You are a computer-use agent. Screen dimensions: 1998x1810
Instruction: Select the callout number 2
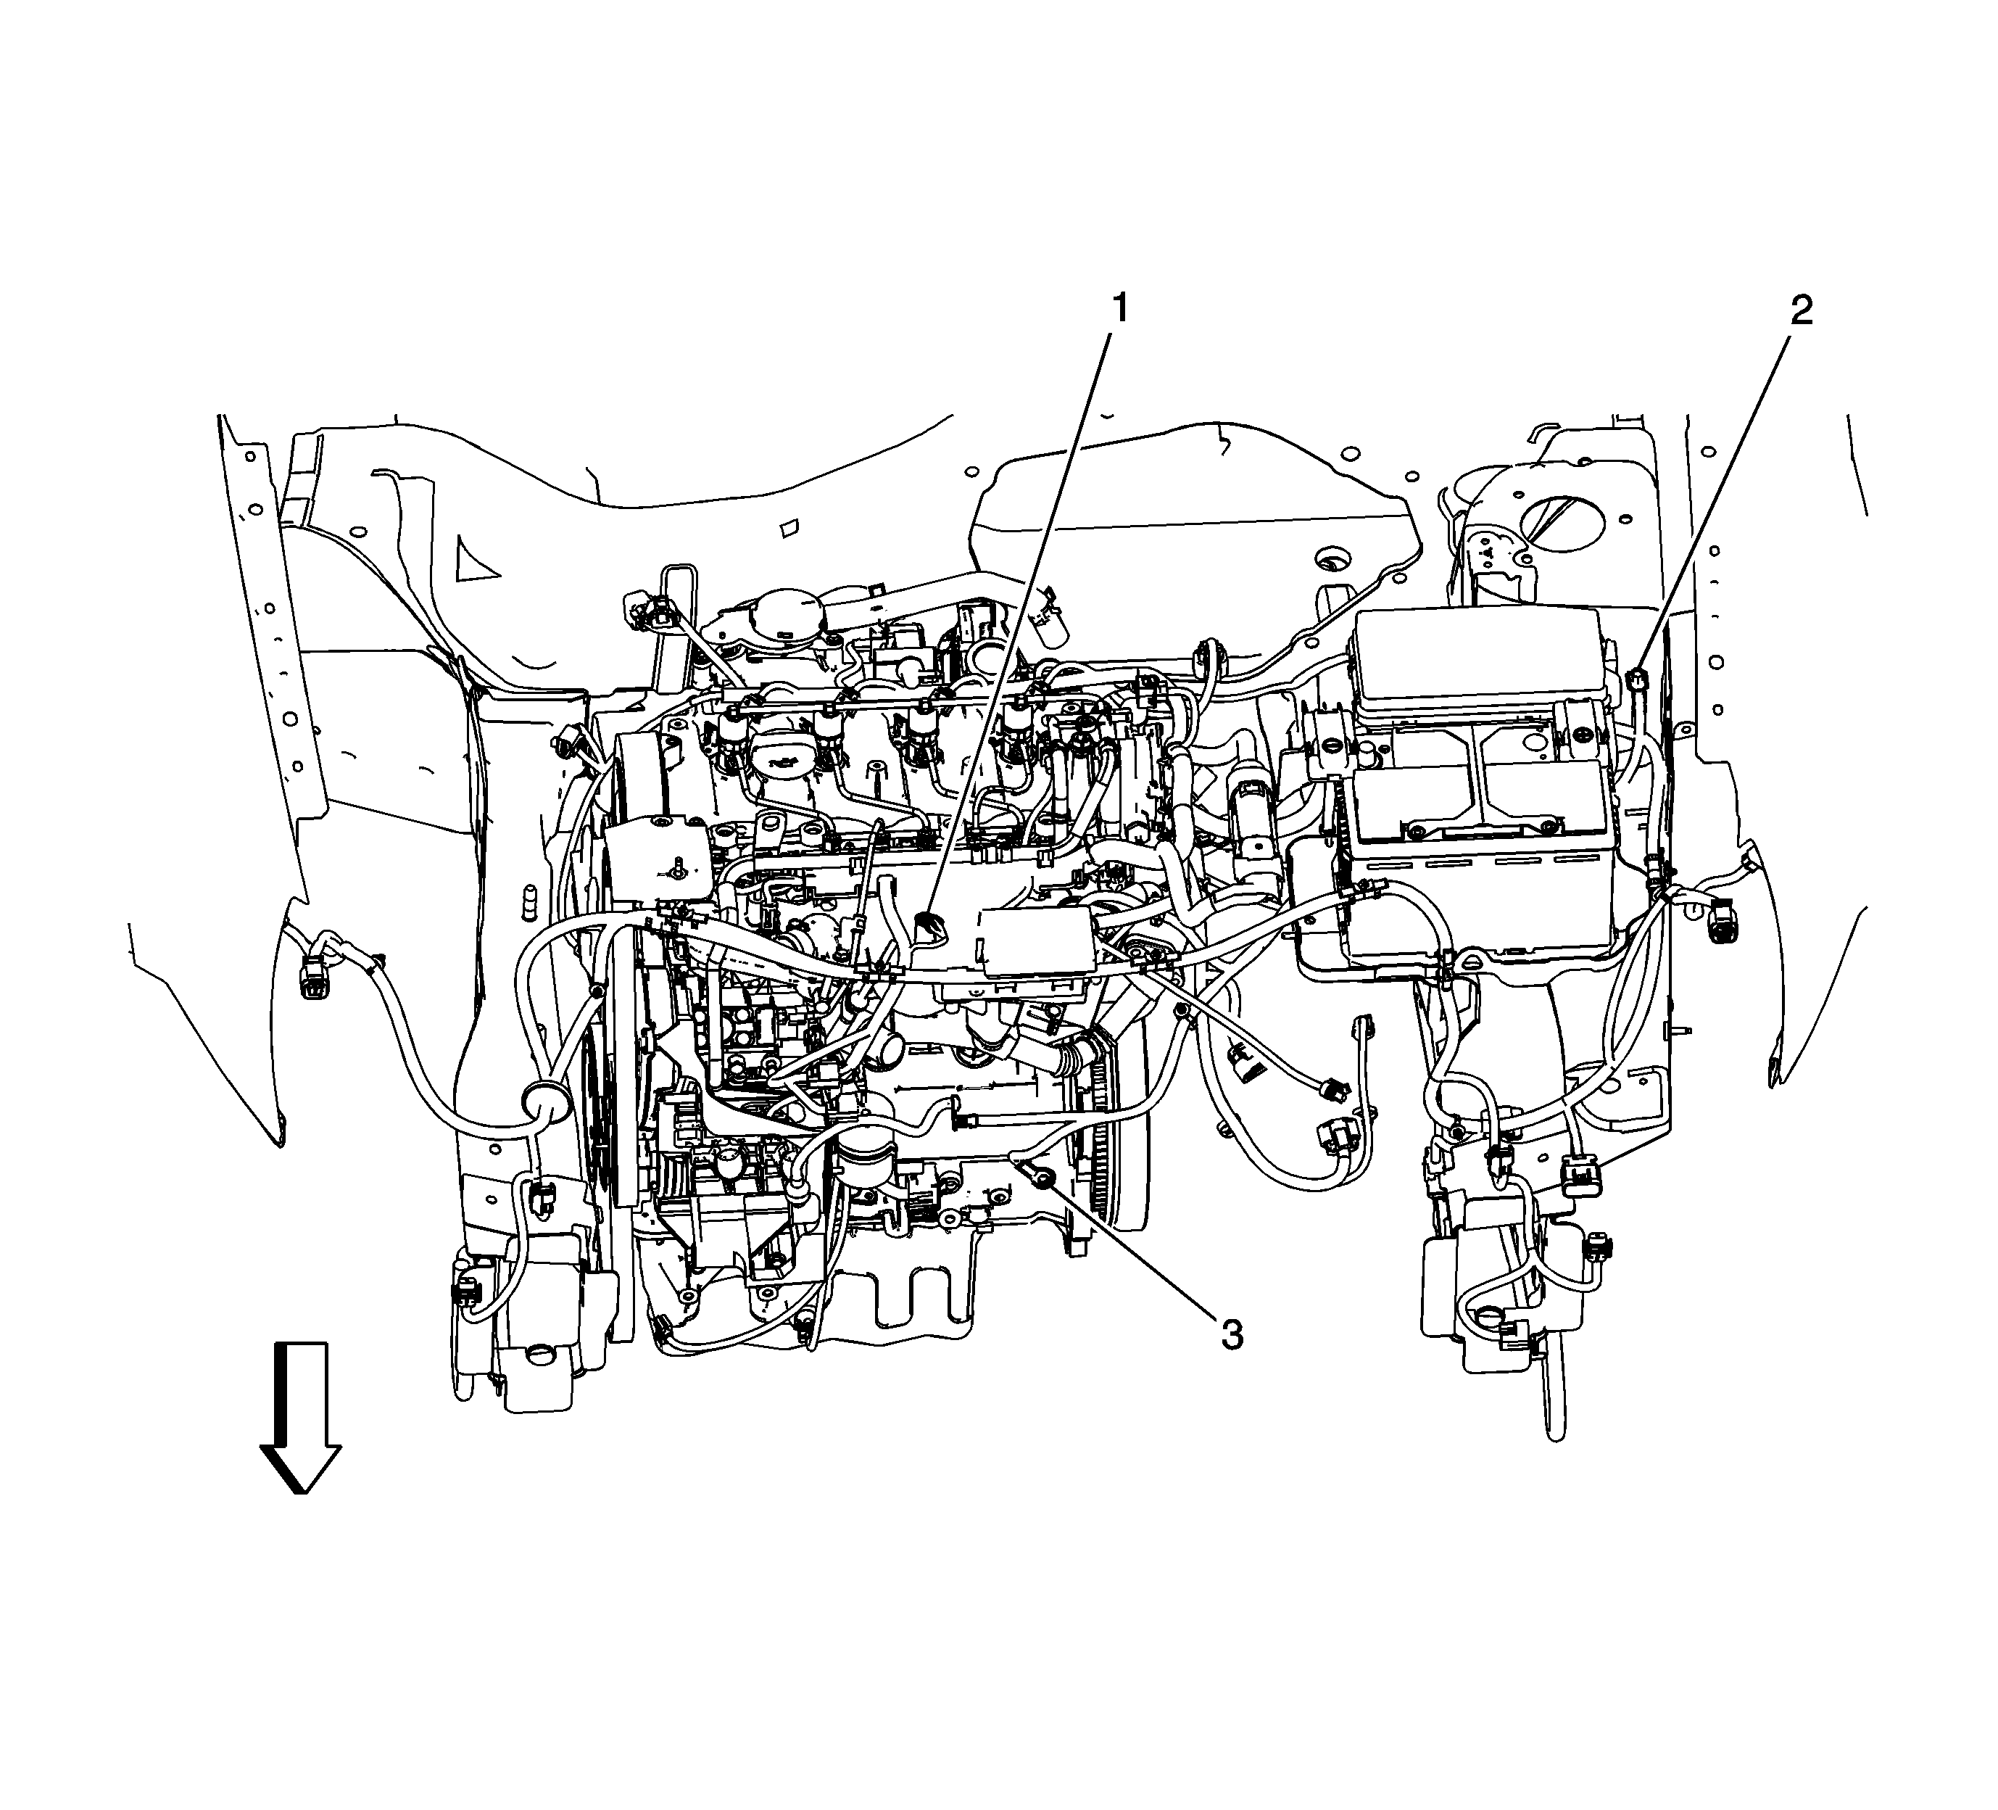[1801, 310]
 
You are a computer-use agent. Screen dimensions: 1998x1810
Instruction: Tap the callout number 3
[1232, 1335]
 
